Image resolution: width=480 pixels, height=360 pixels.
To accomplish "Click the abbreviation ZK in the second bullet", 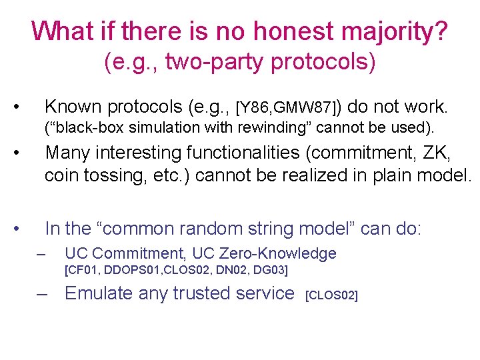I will pos(438,153).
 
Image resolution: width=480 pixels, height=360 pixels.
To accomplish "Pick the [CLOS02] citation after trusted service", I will pos(331,295).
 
